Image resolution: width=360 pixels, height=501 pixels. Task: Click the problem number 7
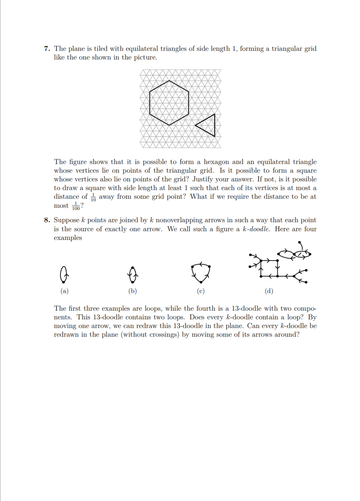click(47, 49)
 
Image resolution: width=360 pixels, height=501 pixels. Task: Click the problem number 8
click(47, 220)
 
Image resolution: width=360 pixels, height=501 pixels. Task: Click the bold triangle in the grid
click(214, 125)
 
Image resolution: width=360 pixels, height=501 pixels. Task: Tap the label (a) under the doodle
click(64, 291)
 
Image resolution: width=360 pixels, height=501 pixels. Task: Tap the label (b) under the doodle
click(133, 291)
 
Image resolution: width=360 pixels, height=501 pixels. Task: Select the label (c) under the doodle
click(201, 291)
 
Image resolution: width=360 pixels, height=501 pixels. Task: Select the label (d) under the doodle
click(269, 291)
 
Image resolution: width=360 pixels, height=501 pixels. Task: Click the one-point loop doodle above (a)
click(64, 274)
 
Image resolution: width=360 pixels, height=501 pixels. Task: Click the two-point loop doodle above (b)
click(133, 275)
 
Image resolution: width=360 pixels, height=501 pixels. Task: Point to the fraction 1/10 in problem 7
click(93, 197)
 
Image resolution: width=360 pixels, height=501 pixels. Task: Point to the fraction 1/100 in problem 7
click(76, 206)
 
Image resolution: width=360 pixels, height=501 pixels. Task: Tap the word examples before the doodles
click(68, 238)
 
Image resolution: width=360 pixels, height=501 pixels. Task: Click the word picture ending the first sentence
click(145, 57)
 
